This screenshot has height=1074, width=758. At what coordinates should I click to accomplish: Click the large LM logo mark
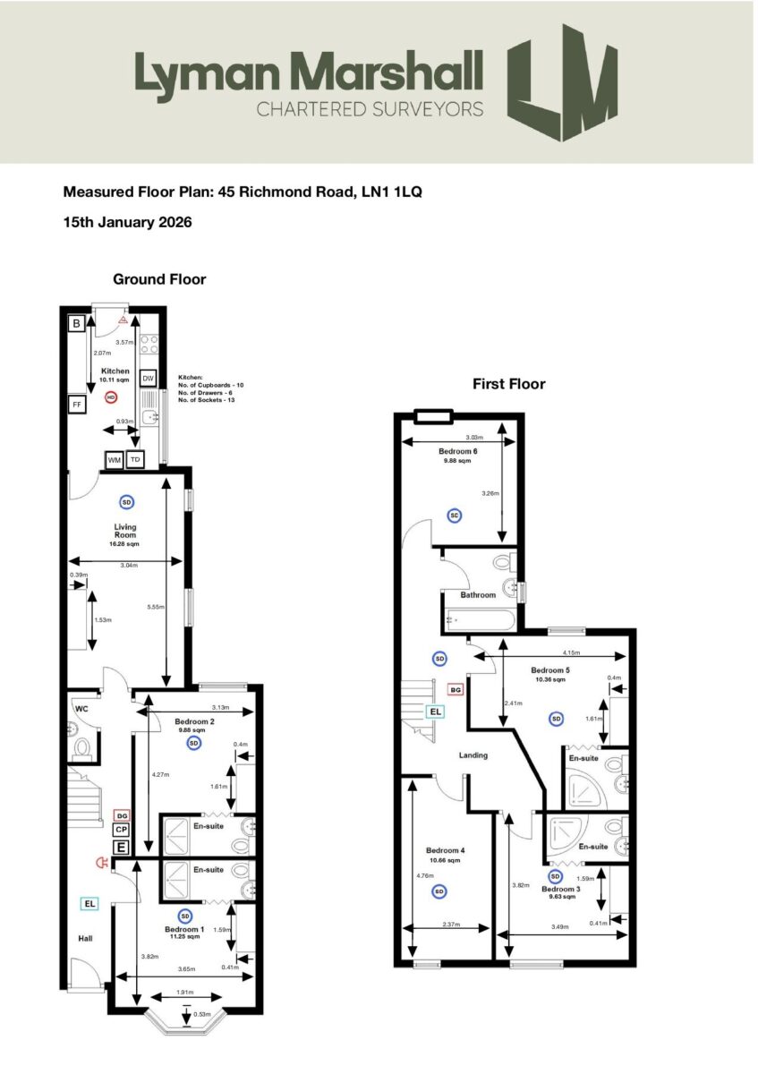click(562, 83)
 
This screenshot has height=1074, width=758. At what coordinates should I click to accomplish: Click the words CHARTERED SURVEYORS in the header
click(370, 109)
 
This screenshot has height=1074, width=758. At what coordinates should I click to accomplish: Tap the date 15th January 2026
click(127, 221)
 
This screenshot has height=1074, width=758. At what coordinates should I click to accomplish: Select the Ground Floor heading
click(159, 279)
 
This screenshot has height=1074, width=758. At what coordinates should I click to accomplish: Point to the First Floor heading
click(508, 384)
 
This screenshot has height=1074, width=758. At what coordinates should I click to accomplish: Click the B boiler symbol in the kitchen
click(78, 323)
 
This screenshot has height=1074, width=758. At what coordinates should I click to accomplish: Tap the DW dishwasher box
click(149, 379)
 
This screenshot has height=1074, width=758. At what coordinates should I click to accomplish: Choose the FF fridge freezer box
click(78, 405)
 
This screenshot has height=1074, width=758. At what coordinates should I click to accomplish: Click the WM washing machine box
click(115, 460)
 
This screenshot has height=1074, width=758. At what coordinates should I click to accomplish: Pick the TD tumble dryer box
click(135, 460)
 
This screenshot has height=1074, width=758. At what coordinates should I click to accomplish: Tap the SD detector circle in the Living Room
click(126, 501)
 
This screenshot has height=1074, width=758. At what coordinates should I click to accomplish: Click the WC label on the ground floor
click(81, 709)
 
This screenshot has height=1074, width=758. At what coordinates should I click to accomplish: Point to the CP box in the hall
click(121, 831)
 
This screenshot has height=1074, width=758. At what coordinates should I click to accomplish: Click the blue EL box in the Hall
click(89, 904)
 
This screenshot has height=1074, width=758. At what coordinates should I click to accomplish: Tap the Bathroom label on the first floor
click(478, 595)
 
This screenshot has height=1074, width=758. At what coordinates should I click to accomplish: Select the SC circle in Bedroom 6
click(455, 515)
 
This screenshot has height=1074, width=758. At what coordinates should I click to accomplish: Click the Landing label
click(473, 755)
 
